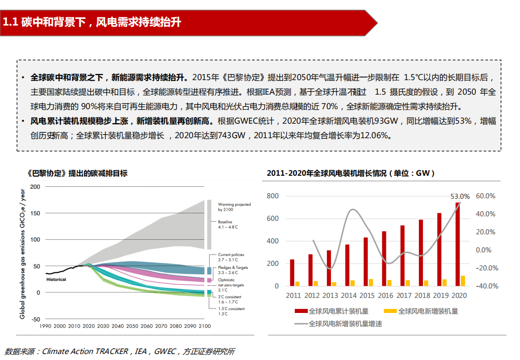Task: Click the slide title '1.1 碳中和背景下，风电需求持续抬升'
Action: [x=92, y=23]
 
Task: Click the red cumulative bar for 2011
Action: [x=292, y=272]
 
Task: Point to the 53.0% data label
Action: [x=460, y=196]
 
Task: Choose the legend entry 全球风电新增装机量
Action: [x=421, y=311]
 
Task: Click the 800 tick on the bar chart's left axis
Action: [x=272, y=196]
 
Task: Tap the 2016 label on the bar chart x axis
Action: [x=386, y=296]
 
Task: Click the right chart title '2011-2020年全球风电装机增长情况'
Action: [x=350, y=173]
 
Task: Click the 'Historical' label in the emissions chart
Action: [x=56, y=279]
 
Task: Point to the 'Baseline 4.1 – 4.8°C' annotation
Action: [x=228, y=224]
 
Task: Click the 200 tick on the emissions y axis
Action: [x=35, y=187]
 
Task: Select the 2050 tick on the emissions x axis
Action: [x=132, y=326]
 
